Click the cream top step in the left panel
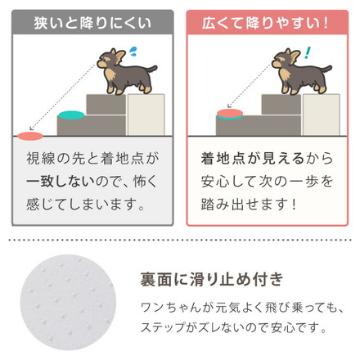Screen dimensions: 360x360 tap(146, 114)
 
